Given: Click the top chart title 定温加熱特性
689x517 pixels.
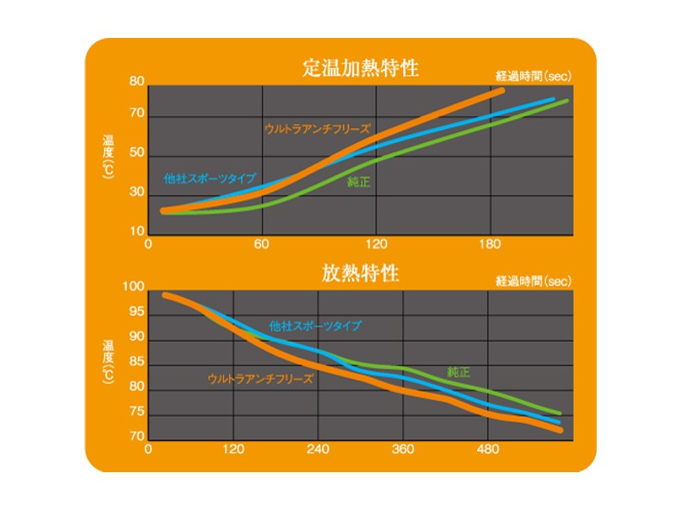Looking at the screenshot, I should click(x=361, y=68).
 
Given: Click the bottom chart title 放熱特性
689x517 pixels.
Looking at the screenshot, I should click(x=361, y=274).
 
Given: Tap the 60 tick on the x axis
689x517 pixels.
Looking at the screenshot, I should click(x=262, y=245).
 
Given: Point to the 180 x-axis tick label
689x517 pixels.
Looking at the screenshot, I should click(x=489, y=245).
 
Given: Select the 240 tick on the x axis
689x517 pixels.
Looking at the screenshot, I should click(x=318, y=449).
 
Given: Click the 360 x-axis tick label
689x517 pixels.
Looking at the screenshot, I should click(x=403, y=449).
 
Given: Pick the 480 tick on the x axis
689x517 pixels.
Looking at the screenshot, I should click(x=487, y=449).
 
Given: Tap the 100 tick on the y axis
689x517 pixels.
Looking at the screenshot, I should click(x=135, y=287).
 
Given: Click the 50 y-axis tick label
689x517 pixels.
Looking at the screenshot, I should click(x=136, y=153).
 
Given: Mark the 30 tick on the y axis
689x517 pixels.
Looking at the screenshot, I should click(x=136, y=192).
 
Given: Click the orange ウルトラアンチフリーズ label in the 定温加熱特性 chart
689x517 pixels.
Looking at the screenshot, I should click(x=316, y=128).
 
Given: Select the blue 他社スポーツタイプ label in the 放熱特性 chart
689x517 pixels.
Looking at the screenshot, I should click(x=315, y=326).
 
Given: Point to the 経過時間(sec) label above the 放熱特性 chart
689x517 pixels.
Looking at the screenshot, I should click(x=534, y=281).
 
